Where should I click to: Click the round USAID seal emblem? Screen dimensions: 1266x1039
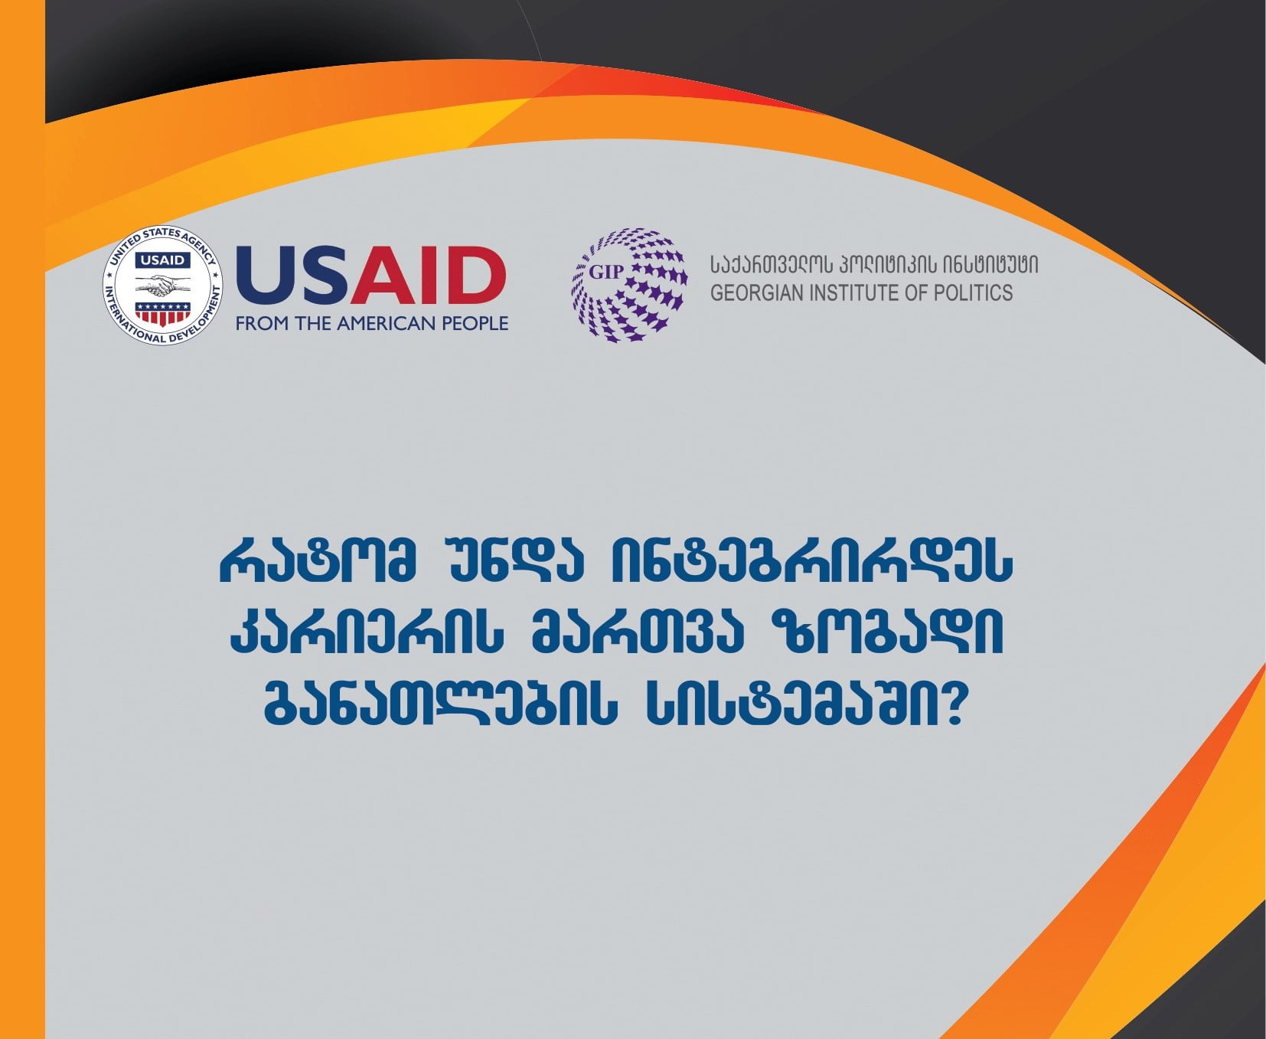163,286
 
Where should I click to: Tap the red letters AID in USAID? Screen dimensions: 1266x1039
428,275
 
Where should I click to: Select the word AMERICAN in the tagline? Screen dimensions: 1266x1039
386,324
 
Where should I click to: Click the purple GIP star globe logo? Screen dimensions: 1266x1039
629,285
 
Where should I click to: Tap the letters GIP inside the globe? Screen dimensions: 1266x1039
605,273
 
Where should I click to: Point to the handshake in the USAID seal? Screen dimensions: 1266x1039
163,286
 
